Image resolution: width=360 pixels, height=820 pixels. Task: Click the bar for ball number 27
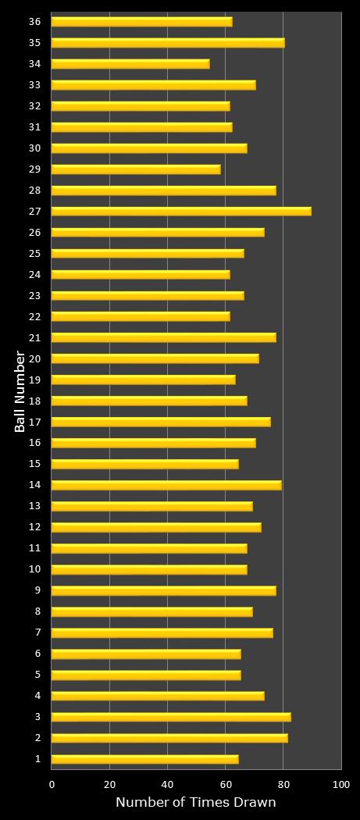click(181, 211)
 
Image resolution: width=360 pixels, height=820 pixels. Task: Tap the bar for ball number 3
click(171, 717)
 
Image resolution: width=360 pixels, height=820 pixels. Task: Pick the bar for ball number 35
click(168, 42)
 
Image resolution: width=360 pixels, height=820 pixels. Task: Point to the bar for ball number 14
click(166, 485)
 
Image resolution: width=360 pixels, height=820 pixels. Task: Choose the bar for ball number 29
click(136, 169)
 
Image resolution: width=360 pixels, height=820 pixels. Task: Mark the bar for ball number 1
click(144, 759)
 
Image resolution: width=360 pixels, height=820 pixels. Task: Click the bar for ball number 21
click(163, 337)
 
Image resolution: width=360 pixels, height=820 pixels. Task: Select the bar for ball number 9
click(163, 590)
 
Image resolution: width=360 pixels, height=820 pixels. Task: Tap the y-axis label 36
click(35, 21)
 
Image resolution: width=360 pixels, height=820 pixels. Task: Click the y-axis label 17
click(35, 422)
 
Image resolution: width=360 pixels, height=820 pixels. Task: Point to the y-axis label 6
click(37, 654)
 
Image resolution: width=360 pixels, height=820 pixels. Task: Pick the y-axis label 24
click(35, 274)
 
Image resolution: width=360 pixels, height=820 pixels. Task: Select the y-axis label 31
click(35, 127)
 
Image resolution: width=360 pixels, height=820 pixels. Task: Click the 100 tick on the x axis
click(341, 784)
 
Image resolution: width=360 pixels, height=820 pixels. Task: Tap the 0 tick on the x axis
click(52, 784)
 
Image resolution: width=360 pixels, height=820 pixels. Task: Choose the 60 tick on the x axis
click(226, 784)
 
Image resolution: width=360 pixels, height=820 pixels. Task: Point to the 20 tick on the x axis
click(110, 784)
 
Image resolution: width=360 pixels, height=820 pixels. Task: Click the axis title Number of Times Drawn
click(196, 803)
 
